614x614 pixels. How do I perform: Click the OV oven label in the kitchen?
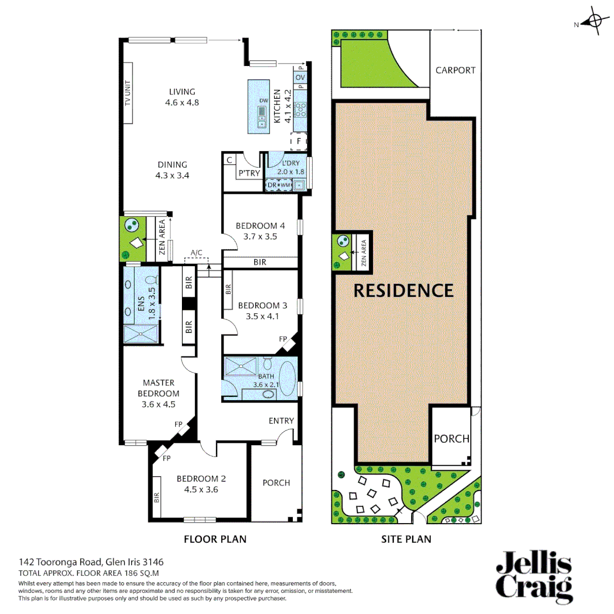(300, 77)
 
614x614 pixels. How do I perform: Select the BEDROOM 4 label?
(260, 226)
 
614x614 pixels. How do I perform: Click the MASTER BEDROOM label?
(159, 388)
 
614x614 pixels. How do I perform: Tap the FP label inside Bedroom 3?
(283, 338)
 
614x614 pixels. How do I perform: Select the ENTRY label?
(281, 421)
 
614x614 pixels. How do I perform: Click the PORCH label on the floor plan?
(276, 483)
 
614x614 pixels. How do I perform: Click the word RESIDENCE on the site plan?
(404, 291)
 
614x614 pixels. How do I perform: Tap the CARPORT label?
(455, 70)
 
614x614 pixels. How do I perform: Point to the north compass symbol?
(595, 23)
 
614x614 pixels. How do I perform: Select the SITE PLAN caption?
(406, 539)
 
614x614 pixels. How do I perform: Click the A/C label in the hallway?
(196, 252)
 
